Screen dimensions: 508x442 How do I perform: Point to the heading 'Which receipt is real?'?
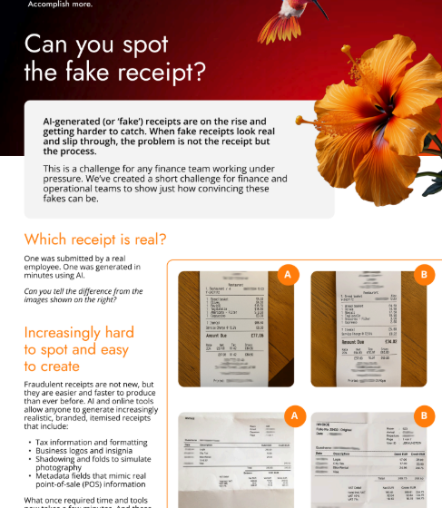(x=95, y=239)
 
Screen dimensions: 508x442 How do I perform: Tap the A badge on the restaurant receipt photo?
(x=288, y=274)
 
